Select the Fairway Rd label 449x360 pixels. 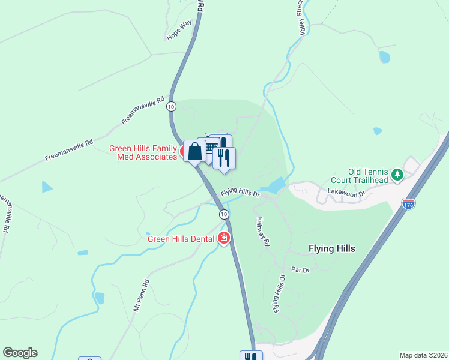point(264,231)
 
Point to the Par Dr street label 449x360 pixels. point(300,270)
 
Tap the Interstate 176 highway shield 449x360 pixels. point(409,204)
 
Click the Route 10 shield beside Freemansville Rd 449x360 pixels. point(172,106)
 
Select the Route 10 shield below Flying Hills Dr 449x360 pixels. point(223,214)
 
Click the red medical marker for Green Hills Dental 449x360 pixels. point(224,238)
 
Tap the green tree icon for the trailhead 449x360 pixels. point(396,175)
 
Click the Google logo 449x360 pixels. point(20,353)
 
